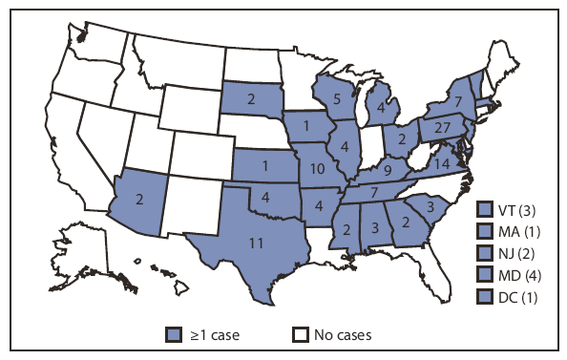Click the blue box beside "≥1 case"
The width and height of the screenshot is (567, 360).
pyautogui.click(x=173, y=334)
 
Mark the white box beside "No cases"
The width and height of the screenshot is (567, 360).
pyautogui.click(x=300, y=334)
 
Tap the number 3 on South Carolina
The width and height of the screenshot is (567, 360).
pyautogui.click(x=430, y=206)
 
